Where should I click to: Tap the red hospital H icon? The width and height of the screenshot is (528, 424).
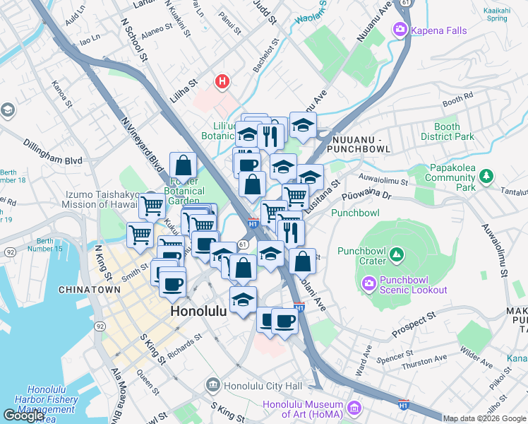[222, 82]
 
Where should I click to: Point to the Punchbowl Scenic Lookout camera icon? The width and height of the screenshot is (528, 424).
[368, 284]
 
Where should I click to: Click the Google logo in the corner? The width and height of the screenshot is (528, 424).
[23, 415]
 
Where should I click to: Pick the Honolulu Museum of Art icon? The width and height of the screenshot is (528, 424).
[354, 409]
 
